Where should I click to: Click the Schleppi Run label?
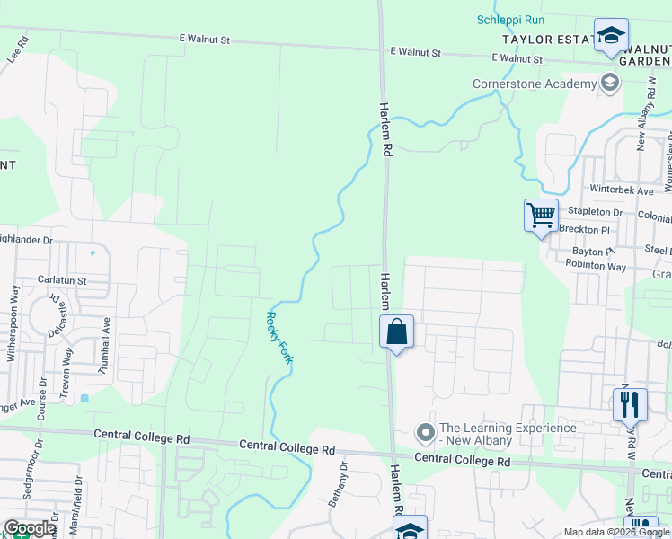(x=511, y=20)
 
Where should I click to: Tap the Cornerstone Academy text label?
(x=535, y=84)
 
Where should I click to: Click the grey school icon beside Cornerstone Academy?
(x=610, y=84)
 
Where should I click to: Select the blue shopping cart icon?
(x=541, y=216)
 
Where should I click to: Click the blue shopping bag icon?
(x=396, y=332)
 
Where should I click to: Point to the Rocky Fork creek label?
(x=279, y=336)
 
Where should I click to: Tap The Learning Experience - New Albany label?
(x=507, y=434)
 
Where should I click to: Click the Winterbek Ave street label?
(x=622, y=190)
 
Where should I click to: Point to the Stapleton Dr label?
(x=593, y=212)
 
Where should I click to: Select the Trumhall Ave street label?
(x=105, y=345)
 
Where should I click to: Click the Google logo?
(x=30, y=528)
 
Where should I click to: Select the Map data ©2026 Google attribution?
(x=616, y=532)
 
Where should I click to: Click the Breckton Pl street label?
(x=586, y=229)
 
